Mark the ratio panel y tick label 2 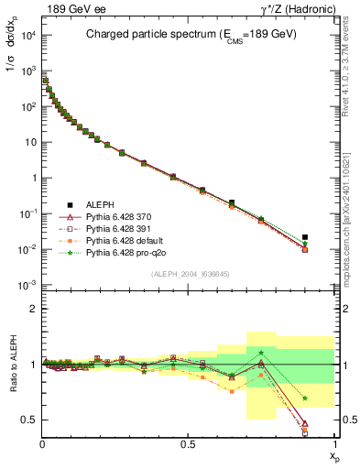(x=33, y=310)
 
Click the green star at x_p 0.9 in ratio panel (x=305, y=398)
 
